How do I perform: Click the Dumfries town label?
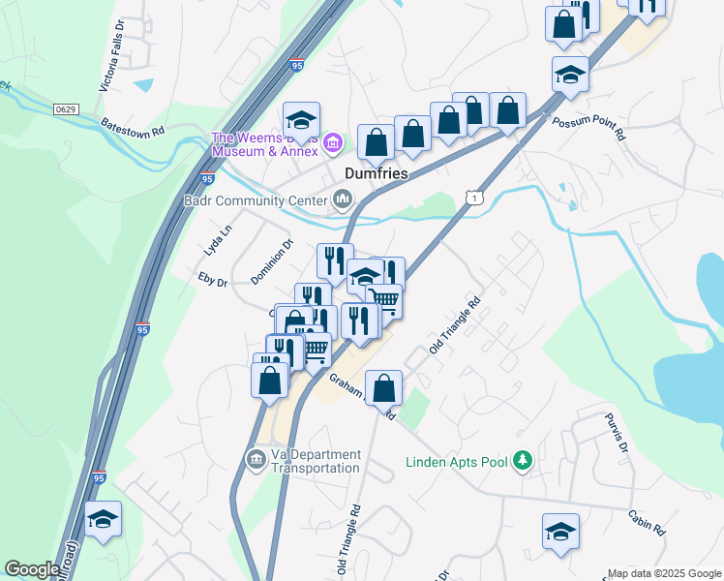[x=377, y=173]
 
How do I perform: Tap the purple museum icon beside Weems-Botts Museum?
[x=333, y=144]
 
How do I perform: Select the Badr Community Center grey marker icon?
[x=342, y=200]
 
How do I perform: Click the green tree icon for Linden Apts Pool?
[x=523, y=459]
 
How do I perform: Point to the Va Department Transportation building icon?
[x=256, y=459]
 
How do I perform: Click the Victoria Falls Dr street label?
[x=112, y=57]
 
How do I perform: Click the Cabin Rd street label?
[x=647, y=523]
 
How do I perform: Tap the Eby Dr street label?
[x=211, y=282]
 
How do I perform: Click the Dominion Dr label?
[x=272, y=262]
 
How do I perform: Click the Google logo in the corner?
[x=32, y=569]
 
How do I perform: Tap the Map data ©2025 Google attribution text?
[x=664, y=573]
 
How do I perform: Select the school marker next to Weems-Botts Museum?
[x=301, y=121]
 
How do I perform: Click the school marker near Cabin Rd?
[x=560, y=532]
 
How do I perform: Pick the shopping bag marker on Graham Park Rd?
[x=384, y=389]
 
